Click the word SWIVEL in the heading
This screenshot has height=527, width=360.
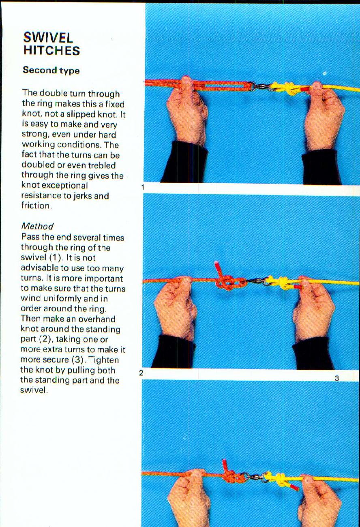[x=48, y=38]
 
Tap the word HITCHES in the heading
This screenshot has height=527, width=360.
[x=51, y=51]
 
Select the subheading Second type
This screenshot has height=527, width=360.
[x=51, y=70]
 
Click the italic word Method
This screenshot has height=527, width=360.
[x=37, y=226]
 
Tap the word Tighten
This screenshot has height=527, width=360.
[x=105, y=360]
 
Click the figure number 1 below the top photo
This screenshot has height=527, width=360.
[x=143, y=187]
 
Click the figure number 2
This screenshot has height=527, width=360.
[x=141, y=373]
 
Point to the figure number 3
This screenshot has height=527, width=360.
[x=336, y=378]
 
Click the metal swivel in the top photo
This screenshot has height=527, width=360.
[x=259, y=86]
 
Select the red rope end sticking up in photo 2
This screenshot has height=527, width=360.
[x=218, y=268]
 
